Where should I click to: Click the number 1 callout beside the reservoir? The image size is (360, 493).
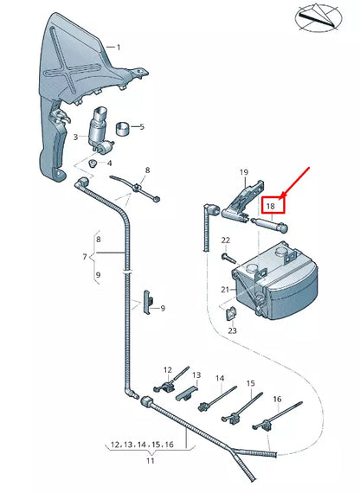coord(119,48)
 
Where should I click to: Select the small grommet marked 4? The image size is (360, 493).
coord(94,163)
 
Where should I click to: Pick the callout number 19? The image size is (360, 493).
coord(243,172)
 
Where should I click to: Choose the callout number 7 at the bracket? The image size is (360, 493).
coord(85,256)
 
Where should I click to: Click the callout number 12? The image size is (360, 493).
coord(168,370)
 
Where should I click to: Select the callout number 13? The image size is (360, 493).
coord(196,375)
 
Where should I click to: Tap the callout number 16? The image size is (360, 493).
coord(277,399)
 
